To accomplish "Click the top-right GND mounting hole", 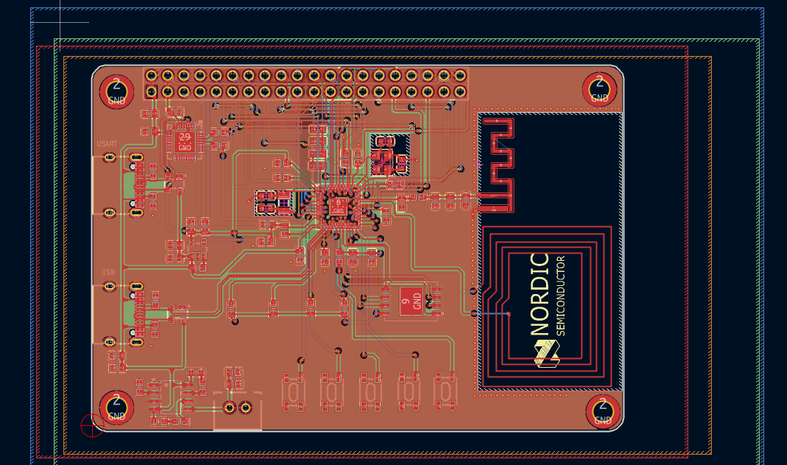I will [x=600, y=89].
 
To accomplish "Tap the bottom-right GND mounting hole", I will [x=603, y=411].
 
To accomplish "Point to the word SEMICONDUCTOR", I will [x=561, y=296].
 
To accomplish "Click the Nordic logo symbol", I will [x=546, y=354].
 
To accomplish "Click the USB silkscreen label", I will [x=108, y=272].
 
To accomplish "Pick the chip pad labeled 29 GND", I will [x=184, y=141].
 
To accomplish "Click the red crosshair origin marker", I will [x=92, y=425].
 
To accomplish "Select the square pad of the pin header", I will [x=151, y=91].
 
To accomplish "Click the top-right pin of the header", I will [x=461, y=75].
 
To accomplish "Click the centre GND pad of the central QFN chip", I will [x=337, y=206].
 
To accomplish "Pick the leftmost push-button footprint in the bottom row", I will [x=293, y=391].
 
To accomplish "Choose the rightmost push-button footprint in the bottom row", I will [x=446, y=391].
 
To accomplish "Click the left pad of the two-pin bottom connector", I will [x=228, y=408].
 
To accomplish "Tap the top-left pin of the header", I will [x=151, y=75].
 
